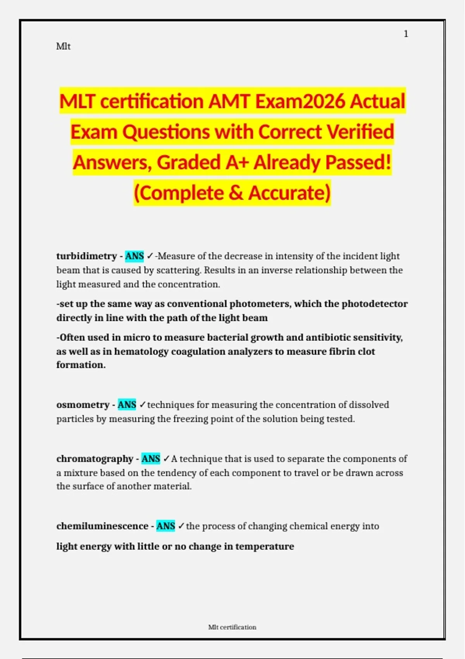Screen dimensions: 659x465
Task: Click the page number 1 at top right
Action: [406, 34]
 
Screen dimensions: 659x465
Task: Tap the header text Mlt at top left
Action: [63, 47]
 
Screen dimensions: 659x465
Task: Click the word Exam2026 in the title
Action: [301, 102]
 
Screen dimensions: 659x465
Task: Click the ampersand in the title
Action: [236, 193]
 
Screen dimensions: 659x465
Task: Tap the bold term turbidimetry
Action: [86, 256]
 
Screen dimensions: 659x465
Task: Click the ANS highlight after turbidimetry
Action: [134, 256]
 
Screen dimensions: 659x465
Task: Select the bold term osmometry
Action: [83, 405]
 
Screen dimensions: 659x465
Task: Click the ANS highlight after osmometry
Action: [127, 405]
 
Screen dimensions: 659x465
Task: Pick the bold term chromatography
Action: [95, 459]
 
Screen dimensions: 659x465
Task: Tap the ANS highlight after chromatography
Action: [151, 459]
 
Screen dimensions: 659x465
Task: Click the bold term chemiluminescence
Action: [102, 526]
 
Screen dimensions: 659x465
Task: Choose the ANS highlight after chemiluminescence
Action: [166, 526]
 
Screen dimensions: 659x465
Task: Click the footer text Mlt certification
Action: [232, 627]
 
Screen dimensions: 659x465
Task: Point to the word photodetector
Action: [374, 304]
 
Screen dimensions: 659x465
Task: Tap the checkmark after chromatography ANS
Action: [166, 459]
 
